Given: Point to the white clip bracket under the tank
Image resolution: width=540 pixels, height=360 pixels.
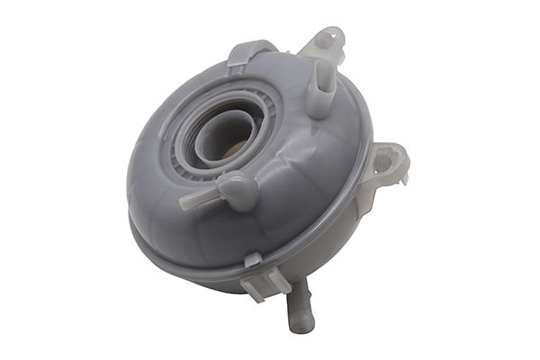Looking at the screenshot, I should pyautogui.click(x=261, y=283).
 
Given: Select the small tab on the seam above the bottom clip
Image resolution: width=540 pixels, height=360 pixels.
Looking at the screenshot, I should pyautogui.click(x=253, y=261).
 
